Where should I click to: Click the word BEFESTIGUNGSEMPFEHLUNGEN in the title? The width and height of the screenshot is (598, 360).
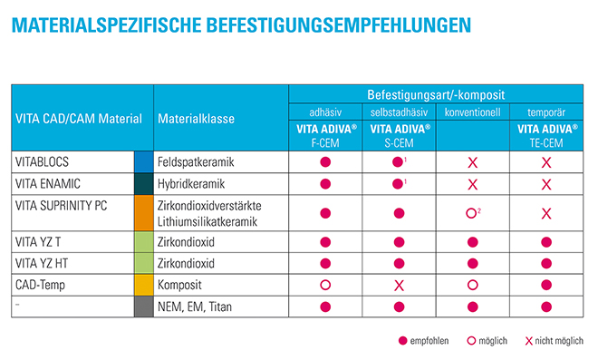coord(338,25)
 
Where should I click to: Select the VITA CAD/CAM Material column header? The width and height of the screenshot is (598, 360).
coord(79,119)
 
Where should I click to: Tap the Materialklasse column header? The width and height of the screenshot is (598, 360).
coord(196,119)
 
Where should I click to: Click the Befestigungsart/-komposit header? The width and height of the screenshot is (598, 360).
coord(436,94)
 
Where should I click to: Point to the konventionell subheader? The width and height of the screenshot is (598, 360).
coord(473,112)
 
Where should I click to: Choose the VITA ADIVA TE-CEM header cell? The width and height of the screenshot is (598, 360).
coord(546,135)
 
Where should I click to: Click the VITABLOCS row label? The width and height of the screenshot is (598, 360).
coord(42,162)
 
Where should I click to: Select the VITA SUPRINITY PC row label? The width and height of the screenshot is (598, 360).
coord(61,206)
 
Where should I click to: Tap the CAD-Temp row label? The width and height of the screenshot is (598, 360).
coord(40,285)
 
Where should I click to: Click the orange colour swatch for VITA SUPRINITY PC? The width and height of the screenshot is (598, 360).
coord(144,213)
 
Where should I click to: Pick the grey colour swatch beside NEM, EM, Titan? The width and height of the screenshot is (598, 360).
coord(144,306)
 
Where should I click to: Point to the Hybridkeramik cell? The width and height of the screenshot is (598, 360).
coord(191,184)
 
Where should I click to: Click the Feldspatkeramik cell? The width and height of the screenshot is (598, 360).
coord(196,162)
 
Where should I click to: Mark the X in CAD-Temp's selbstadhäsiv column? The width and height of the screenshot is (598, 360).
coord(399,286)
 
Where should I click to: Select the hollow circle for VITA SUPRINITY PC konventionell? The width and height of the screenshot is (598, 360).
coord(471,213)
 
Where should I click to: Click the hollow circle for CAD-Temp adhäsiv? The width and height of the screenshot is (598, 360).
coord(325,285)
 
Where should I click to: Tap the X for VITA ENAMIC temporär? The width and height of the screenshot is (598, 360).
coord(546,185)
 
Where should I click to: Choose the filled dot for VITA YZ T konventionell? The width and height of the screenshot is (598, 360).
coord(473,242)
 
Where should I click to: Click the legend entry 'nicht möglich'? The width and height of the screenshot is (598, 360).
coord(555,341)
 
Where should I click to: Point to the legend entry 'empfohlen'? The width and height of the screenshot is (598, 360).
coord(423,341)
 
